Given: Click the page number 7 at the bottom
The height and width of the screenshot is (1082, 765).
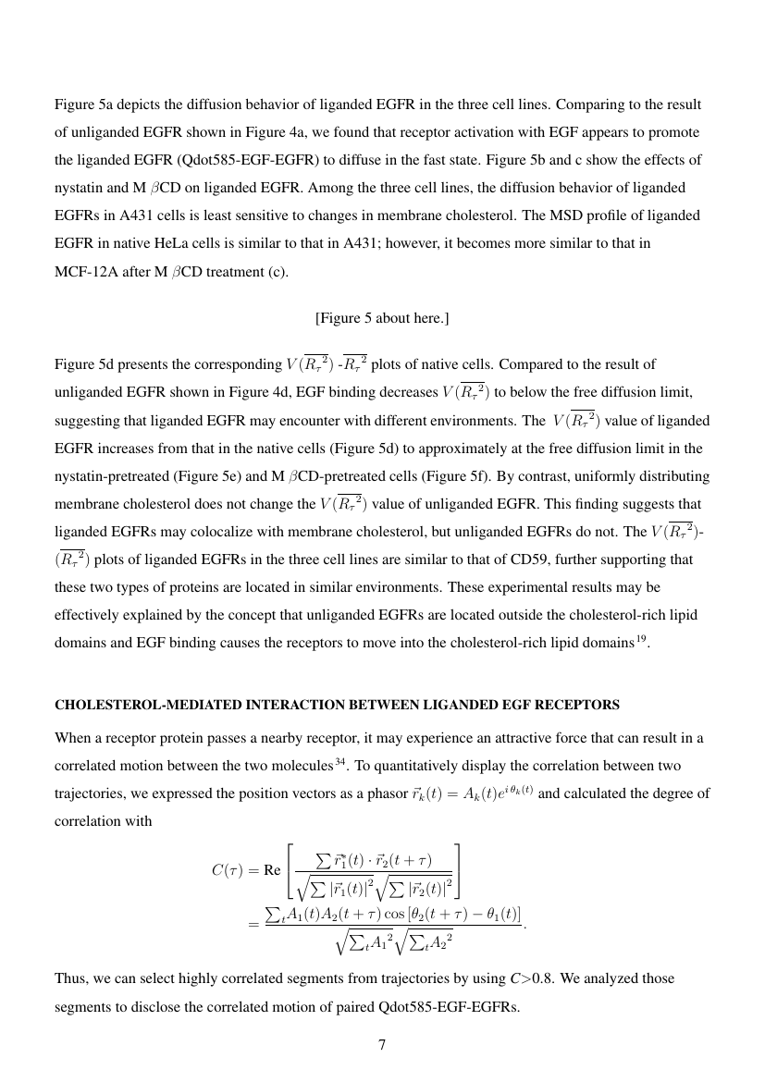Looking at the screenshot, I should point(382,1045).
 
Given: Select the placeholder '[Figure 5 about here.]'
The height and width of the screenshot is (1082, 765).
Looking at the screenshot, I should point(382,318).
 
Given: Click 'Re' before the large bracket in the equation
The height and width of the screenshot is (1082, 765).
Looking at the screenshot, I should point(272,869).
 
